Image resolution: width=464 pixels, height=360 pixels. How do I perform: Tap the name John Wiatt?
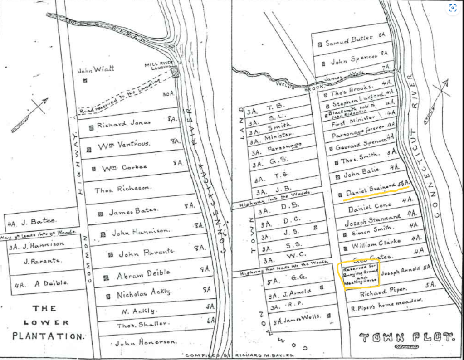(x=96, y=70)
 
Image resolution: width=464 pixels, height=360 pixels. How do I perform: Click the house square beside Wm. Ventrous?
(x=89, y=148)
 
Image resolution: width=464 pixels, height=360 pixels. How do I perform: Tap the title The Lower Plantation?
(x=44, y=322)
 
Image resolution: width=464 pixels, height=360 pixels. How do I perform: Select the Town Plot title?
(x=407, y=337)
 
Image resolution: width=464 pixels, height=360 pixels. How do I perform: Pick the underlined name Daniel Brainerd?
(x=369, y=191)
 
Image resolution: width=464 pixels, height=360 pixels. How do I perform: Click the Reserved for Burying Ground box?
(x=360, y=274)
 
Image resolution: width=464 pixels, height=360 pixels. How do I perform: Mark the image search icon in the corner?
(x=452, y=8)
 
